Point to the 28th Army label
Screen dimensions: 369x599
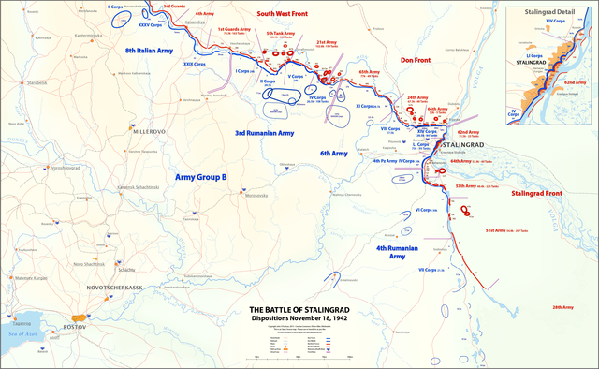562,306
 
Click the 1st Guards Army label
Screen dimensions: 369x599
234,30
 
